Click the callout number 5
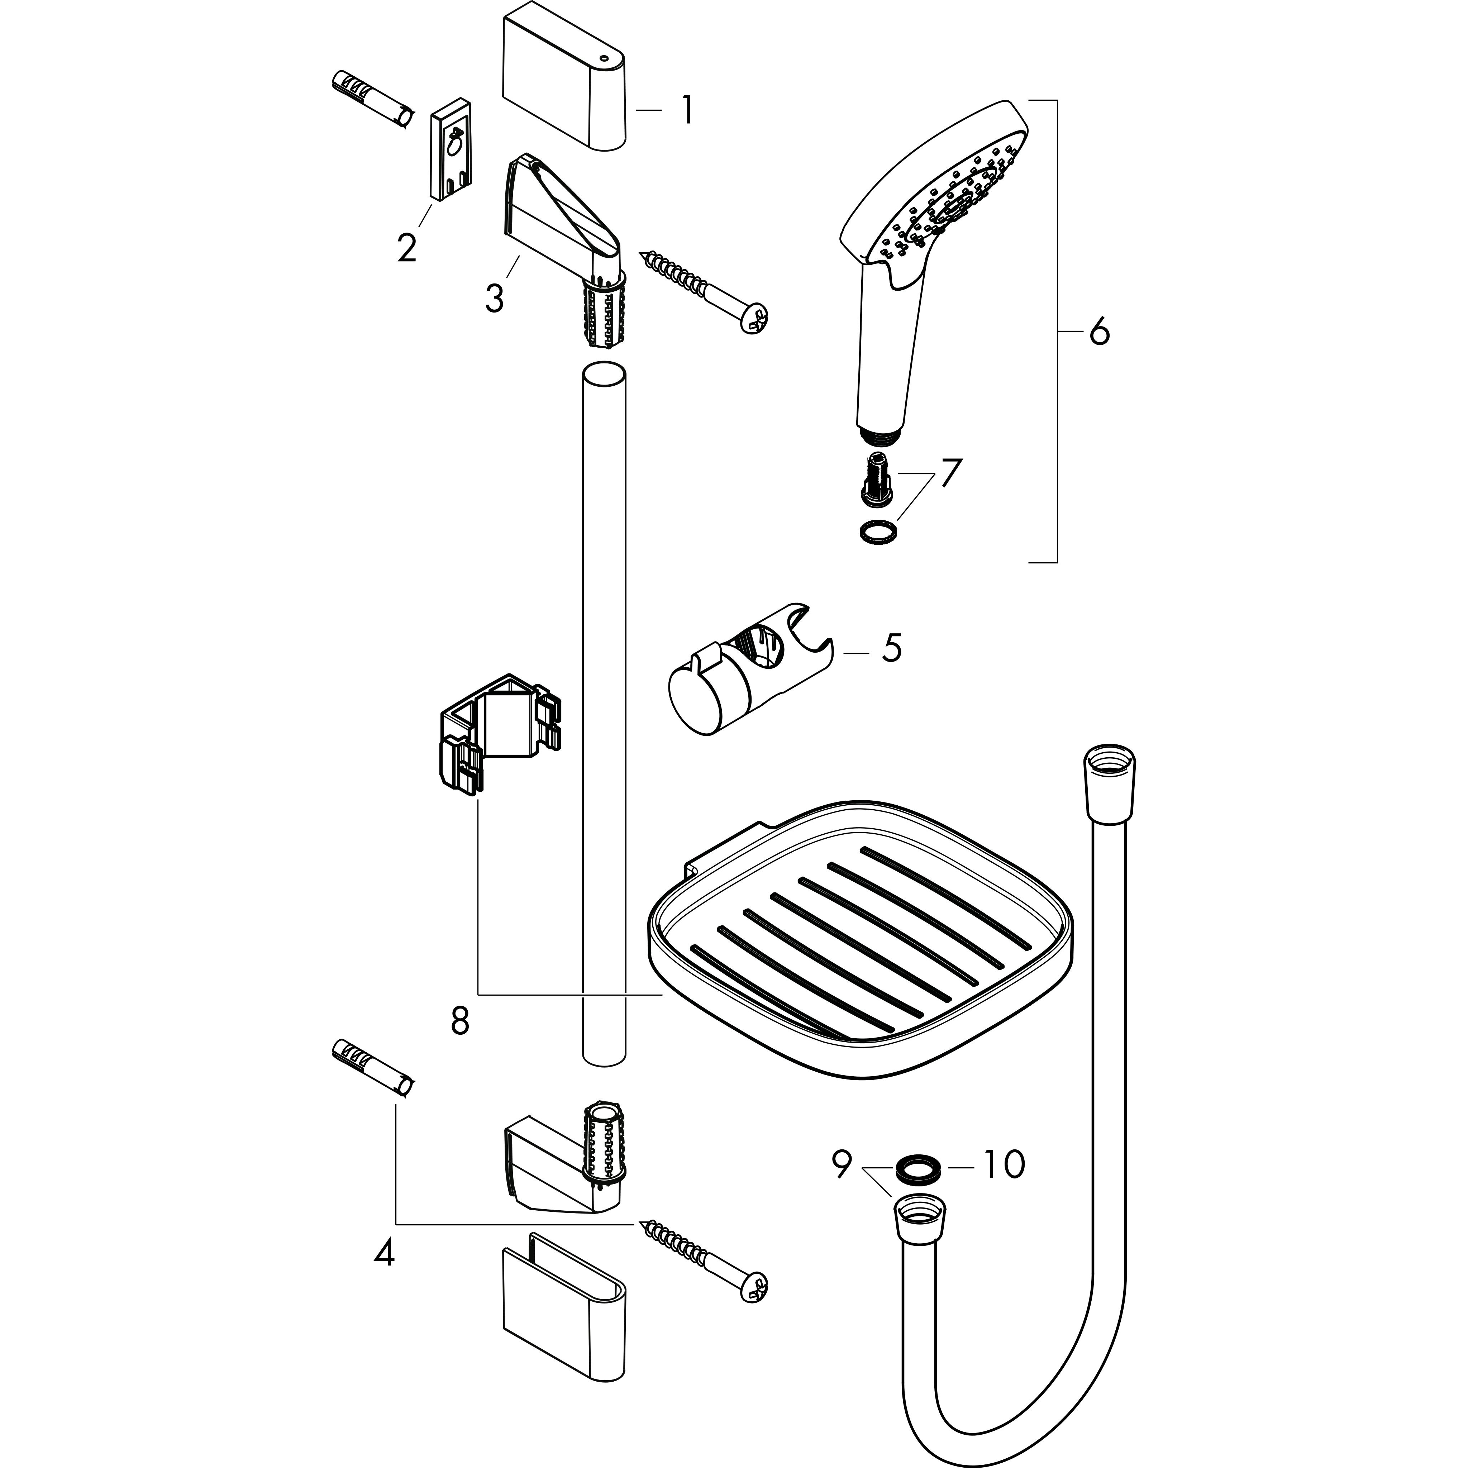pyautogui.click(x=891, y=648)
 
